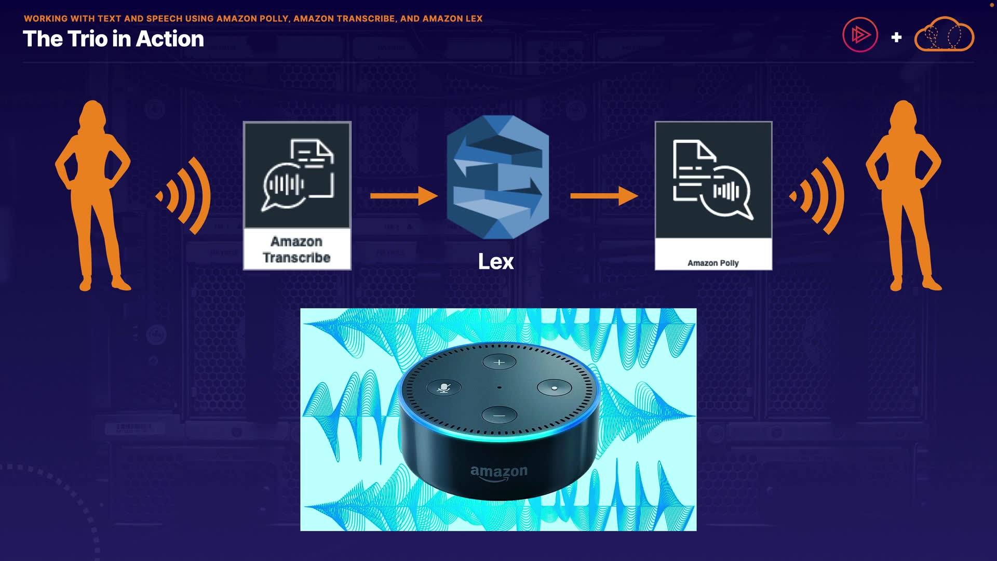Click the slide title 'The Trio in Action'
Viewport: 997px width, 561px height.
113,39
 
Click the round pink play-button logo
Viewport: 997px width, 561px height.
860,35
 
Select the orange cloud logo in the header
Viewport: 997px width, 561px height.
944,35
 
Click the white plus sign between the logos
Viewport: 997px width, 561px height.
896,37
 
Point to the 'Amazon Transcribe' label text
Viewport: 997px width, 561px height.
297,249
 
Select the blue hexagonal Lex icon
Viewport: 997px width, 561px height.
498,177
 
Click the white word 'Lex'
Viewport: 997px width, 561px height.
496,261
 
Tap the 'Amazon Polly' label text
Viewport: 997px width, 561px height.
713,263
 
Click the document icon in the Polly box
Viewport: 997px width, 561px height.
693,169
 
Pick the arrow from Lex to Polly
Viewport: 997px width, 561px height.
604,196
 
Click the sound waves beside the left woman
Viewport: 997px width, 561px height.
184,196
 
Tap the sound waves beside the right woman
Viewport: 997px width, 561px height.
818,196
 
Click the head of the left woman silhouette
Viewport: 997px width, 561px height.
93,113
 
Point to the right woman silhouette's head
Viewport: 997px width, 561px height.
904,113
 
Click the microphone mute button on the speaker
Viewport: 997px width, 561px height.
443,388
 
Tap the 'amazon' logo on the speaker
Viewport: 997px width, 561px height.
498,472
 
